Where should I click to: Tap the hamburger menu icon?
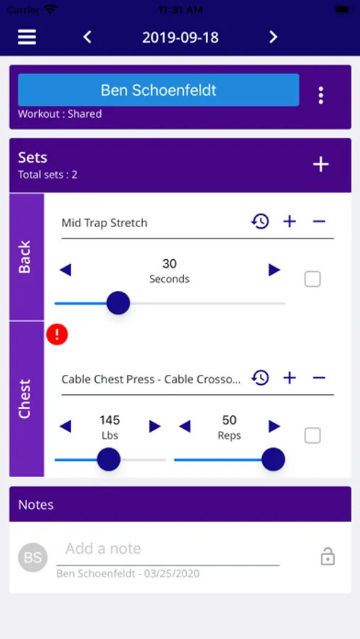27,37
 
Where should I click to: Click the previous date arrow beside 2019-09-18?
87,37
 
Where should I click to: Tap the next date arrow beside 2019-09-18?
273,37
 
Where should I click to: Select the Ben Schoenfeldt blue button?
158,90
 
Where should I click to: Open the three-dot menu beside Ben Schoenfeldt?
321,95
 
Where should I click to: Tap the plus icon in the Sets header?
321,164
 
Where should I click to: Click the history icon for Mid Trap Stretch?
260,222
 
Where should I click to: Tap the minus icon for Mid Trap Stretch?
319,222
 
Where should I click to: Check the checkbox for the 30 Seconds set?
312,279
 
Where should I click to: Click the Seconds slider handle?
119,302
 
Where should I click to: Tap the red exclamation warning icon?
57,334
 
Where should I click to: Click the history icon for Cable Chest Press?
260,378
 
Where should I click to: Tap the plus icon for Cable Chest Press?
290,378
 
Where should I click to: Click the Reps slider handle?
273,459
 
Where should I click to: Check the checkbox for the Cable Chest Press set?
312,436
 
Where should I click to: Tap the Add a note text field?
168,550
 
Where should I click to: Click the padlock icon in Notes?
328,557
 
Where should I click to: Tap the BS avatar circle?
33,557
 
